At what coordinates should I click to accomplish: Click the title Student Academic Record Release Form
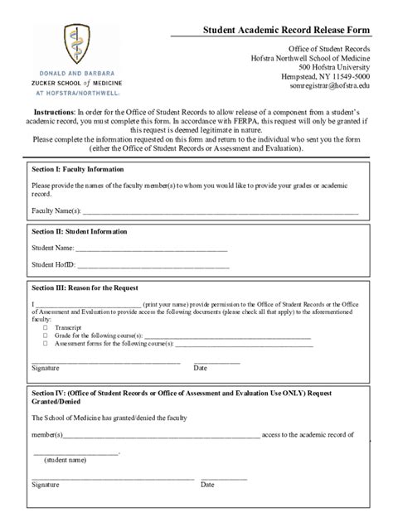[x=282, y=30]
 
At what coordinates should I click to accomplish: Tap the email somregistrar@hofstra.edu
[x=330, y=85]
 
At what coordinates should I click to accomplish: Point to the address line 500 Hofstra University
[x=334, y=66]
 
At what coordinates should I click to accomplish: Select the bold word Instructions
[x=55, y=111]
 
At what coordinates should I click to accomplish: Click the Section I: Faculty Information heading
[x=77, y=169]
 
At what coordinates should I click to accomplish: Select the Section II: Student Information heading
[x=79, y=232]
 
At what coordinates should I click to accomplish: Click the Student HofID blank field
[x=153, y=265]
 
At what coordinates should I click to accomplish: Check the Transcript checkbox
[x=45, y=328]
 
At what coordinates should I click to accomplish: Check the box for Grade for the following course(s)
[x=45, y=335]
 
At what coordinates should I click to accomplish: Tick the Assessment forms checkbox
[x=45, y=342]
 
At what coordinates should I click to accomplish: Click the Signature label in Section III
[x=45, y=367]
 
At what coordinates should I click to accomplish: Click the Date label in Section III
[x=200, y=367]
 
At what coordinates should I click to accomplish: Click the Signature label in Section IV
[x=45, y=485]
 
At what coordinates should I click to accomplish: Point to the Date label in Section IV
[x=207, y=485]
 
